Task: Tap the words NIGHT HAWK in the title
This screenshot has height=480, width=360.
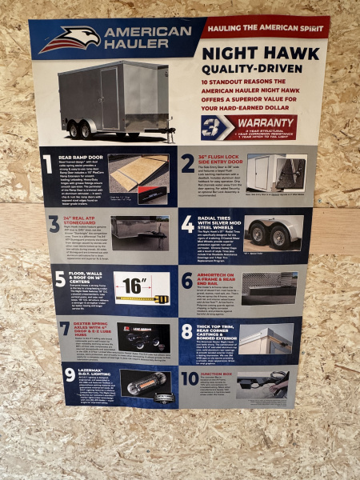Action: [x=250, y=54]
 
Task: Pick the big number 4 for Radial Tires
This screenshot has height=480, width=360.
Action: [x=187, y=225]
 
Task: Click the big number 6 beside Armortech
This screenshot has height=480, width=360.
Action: [x=188, y=279]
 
